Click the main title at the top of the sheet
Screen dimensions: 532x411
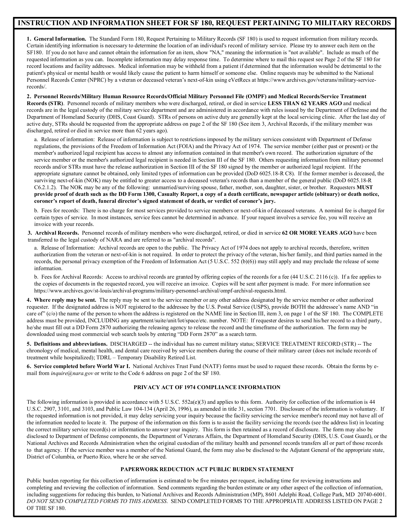[x=204, y=23]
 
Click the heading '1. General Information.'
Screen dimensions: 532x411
[x=57, y=39]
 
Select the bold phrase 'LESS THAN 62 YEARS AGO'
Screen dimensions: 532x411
[x=305, y=103]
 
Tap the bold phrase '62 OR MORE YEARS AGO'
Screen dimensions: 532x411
[x=317, y=233]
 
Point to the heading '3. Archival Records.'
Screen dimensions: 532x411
[x=53, y=233]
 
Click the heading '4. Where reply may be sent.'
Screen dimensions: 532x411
[x=62, y=300]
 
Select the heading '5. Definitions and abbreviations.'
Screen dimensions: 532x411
[x=67, y=344]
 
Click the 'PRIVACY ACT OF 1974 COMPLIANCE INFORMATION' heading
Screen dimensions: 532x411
[x=207, y=387]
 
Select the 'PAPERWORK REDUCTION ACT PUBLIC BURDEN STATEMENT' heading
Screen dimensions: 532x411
[x=207, y=469]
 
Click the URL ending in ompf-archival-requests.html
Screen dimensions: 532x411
[x=160, y=291]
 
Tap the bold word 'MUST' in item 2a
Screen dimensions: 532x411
[x=365, y=187]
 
